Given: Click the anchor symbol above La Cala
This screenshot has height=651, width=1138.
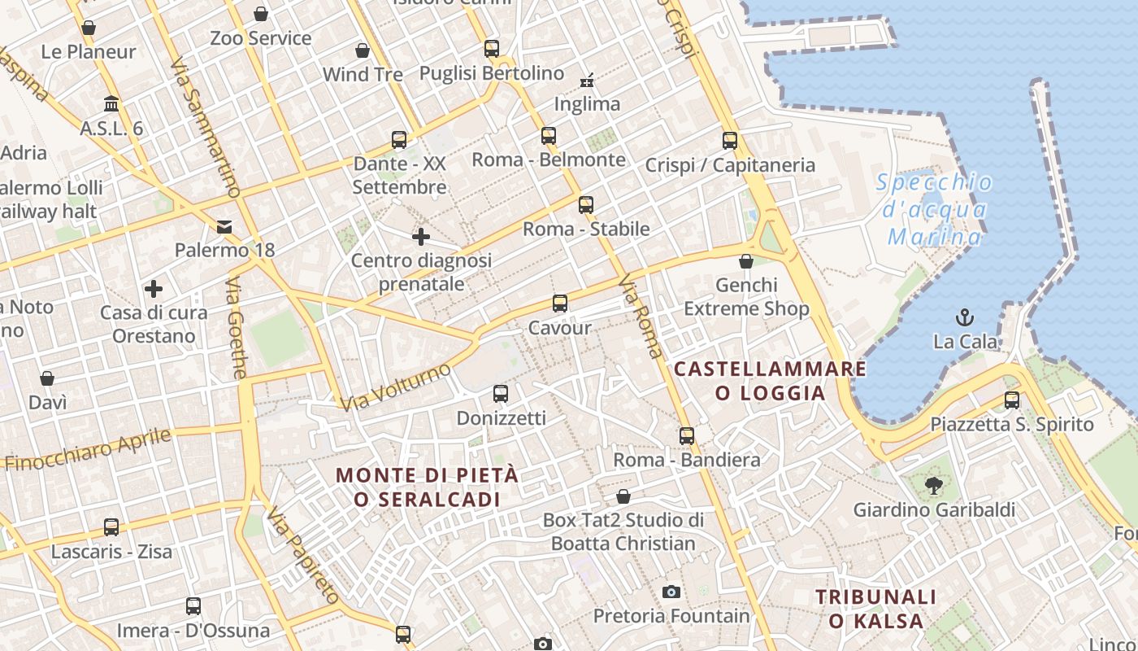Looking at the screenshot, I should point(965,317).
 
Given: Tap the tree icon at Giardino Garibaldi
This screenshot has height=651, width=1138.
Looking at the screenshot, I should point(933,486).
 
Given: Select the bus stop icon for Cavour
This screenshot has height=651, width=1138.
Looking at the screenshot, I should point(560,304).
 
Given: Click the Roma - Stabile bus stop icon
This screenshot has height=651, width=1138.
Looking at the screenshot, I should point(586,205).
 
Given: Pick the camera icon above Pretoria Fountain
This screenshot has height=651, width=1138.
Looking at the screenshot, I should point(671,592).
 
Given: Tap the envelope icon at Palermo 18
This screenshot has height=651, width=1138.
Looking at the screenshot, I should point(224,227).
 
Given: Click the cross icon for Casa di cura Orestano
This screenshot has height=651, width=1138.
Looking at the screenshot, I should point(154,289).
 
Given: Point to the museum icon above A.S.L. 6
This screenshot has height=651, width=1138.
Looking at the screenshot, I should point(111,104).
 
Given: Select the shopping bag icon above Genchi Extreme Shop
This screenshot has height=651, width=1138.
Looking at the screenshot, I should point(746,261).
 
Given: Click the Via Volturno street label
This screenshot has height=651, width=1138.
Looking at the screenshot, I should point(395,387).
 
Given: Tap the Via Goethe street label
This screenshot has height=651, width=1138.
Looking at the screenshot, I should point(237,328).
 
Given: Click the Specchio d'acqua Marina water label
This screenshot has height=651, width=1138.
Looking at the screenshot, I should point(935,209).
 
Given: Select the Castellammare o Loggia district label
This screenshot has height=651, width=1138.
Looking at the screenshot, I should point(770,381).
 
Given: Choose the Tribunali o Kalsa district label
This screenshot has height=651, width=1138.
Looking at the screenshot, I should point(875,609).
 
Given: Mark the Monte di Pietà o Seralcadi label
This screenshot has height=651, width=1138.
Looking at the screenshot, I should point(427,487).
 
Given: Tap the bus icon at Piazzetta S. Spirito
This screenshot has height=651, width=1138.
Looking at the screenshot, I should point(1012,400).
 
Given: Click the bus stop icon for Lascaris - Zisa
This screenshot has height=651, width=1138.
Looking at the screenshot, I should point(111,527).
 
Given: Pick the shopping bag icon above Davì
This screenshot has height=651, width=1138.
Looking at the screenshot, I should point(47,378).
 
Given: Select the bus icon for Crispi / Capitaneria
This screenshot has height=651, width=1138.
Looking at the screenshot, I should point(730,141).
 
